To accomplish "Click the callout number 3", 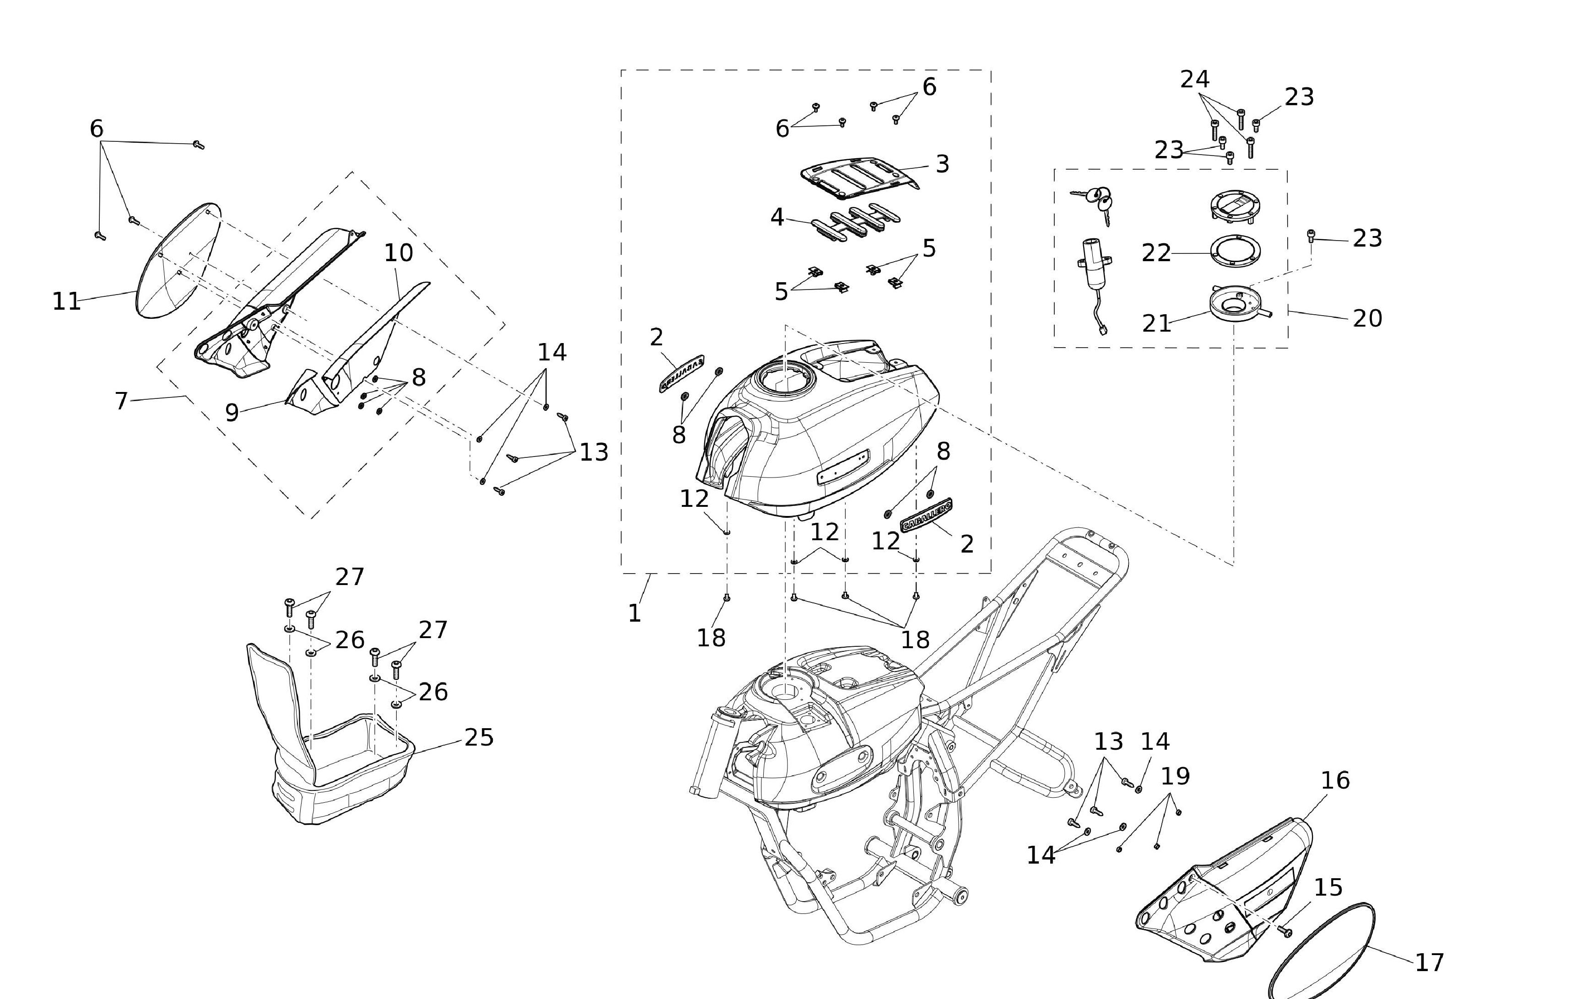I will pyautogui.click(x=942, y=164).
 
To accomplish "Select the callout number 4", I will pyautogui.click(x=777, y=217).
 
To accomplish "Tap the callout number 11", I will pyautogui.click(x=66, y=301).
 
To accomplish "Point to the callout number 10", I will pyautogui.click(x=399, y=252).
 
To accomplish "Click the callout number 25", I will pyautogui.click(x=479, y=737).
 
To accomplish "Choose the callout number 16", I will pyautogui.click(x=1335, y=780).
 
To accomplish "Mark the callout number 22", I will pyautogui.click(x=1156, y=253).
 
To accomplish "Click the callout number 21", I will pyautogui.click(x=1156, y=323).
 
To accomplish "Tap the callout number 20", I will pyautogui.click(x=1367, y=318).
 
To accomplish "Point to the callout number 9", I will pyautogui.click(x=231, y=412).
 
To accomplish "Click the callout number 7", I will pyautogui.click(x=121, y=400).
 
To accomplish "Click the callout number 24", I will pyautogui.click(x=1195, y=79).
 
